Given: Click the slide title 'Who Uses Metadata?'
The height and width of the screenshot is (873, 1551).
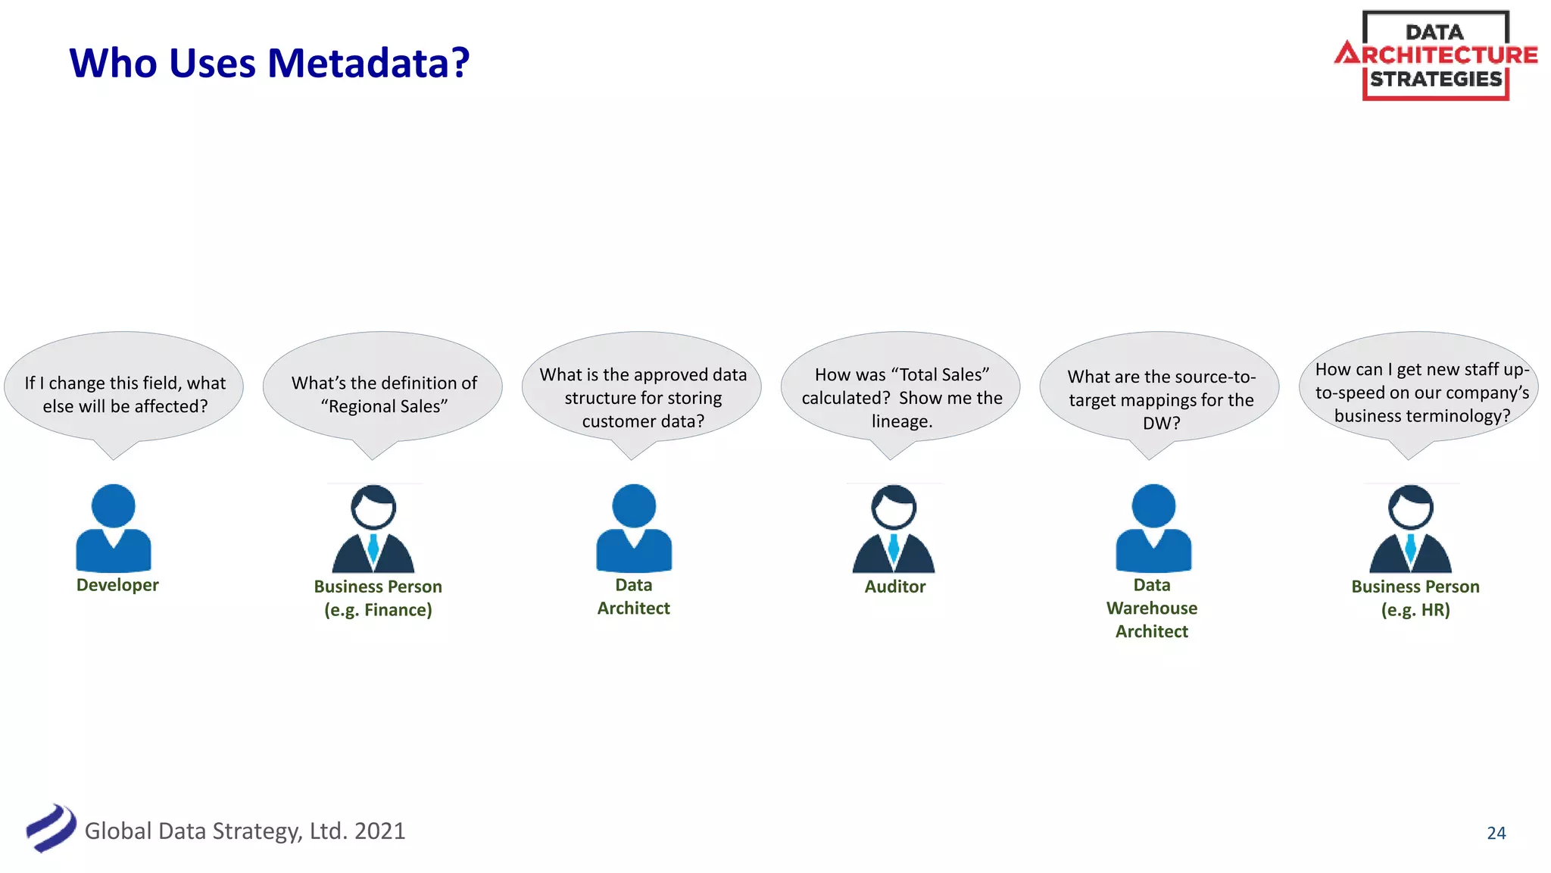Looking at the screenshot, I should [269, 62].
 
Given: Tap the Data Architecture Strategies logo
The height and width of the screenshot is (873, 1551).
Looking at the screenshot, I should [1436, 55].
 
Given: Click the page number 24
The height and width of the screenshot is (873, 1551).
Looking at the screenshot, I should [1496, 833].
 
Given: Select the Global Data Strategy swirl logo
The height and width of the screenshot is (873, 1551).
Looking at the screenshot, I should [50, 828].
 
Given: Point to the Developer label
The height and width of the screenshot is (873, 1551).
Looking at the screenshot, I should [117, 585].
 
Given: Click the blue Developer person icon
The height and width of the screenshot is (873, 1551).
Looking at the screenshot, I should [114, 528].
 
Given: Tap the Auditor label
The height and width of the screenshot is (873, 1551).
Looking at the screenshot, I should [894, 587].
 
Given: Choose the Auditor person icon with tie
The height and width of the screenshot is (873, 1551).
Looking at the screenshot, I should [894, 530].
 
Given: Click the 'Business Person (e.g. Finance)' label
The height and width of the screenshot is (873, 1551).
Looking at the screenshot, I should [378, 598].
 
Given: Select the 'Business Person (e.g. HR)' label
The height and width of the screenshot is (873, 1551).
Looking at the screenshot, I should [1415, 598].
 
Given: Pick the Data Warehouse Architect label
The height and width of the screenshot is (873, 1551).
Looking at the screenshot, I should [1152, 608].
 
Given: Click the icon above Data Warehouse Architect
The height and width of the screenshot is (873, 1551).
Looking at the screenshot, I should [1153, 528].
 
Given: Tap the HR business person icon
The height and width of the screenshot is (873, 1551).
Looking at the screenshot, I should [1410, 530].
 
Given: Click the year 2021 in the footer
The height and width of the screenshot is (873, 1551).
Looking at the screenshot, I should [379, 831].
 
